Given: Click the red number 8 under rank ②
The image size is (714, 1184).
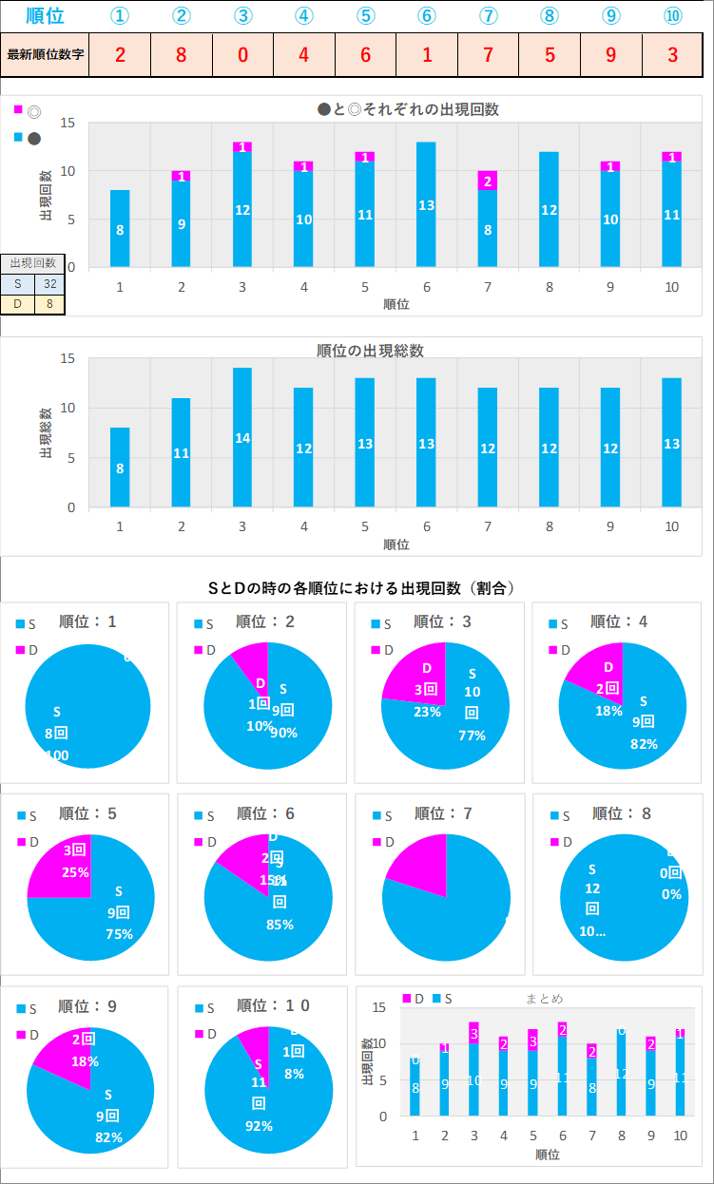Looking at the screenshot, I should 182,54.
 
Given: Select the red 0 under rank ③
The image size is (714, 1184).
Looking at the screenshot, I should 242,54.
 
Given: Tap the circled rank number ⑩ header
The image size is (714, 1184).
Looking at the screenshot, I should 672,16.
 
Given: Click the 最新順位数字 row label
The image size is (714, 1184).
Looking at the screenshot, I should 46,54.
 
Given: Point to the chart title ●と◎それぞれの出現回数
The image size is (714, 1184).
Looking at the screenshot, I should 408,109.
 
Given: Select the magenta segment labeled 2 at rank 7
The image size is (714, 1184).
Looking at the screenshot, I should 488,181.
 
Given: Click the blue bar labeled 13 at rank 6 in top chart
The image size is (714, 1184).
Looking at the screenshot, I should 426,204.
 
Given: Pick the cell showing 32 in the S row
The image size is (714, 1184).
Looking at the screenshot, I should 49,283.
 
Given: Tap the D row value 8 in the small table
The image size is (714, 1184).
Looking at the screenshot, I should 49,304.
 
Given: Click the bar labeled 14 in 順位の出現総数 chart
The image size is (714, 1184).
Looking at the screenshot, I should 242,437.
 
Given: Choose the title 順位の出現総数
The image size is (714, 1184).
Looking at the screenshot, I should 370,351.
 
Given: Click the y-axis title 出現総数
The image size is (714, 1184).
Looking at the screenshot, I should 45,433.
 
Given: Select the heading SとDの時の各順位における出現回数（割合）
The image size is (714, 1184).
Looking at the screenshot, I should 361,588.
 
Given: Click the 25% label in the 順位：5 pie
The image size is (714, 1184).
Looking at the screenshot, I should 76,872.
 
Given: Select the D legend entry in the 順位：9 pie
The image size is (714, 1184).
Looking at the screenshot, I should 28,1034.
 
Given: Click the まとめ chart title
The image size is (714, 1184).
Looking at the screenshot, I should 544,999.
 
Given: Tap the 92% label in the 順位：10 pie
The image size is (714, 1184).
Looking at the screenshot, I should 259,1126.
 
